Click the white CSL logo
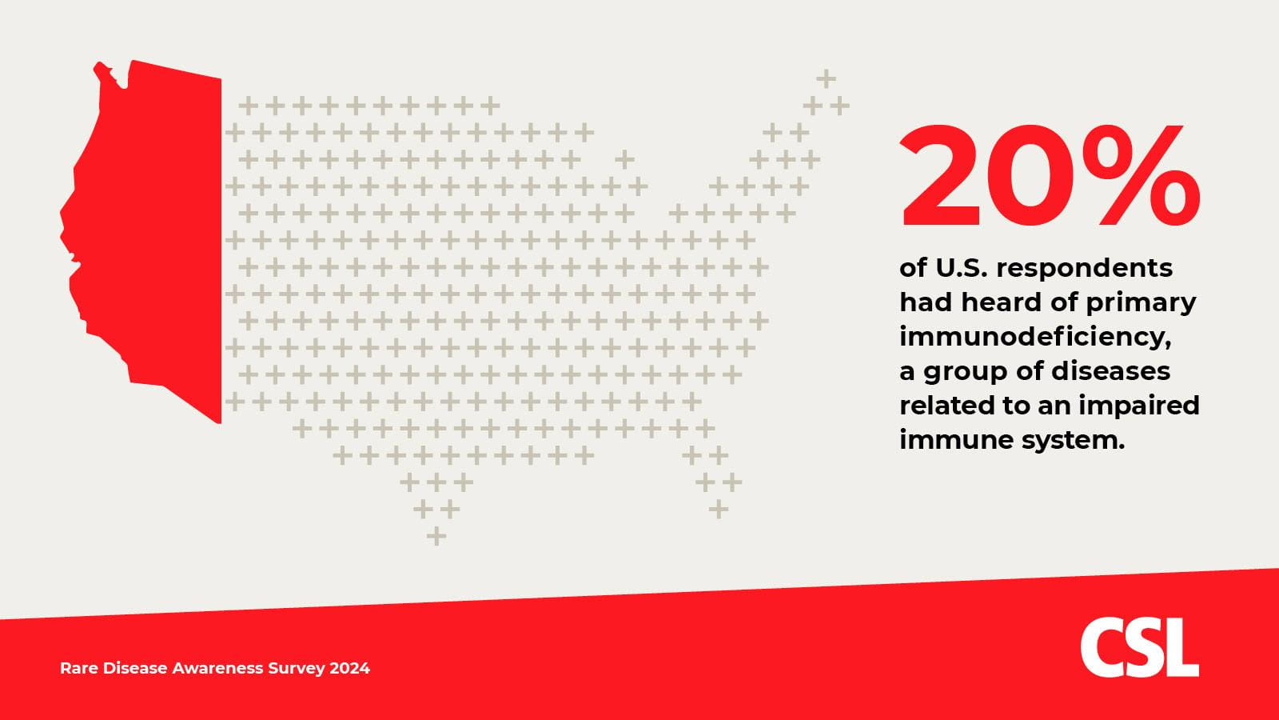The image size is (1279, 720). (1139, 647)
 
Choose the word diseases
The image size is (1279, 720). (1110, 371)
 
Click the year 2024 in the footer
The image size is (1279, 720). (349, 668)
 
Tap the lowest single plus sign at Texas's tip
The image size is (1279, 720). (436, 536)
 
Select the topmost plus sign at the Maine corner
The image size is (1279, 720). (827, 79)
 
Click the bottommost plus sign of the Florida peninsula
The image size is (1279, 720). (719, 509)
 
